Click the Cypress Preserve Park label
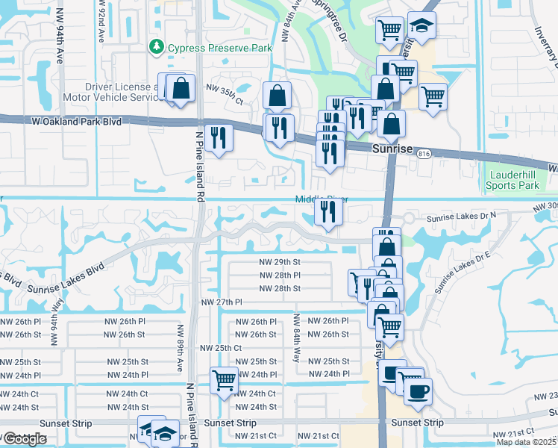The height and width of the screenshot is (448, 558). [219, 48]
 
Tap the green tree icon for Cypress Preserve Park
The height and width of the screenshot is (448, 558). [157, 47]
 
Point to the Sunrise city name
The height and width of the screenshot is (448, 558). [392, 149]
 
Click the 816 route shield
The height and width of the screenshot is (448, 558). [424, 154]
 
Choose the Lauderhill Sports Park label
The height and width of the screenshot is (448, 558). [512, 180]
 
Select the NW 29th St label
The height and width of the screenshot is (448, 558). [280, 262]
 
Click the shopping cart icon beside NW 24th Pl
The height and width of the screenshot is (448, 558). [224, 380]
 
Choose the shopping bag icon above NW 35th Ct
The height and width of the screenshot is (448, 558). [277, 96]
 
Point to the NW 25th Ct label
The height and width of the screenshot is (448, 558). [221, 348]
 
